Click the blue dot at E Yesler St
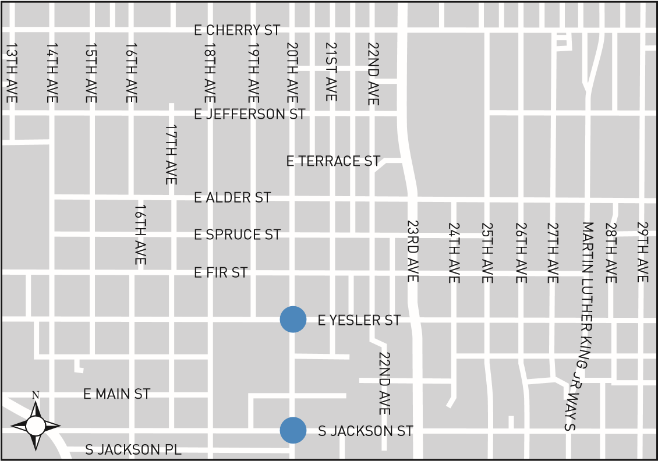pyautogui.click(x=293, y=320)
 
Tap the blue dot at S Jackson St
pyautogui.click(x=293, y=431)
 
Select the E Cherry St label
pyautogui.click(x=237, y=30)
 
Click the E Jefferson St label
pyautogui.click(x=249, y=114)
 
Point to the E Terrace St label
pyautogui.click(x=333, y=161)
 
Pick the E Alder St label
pyautogui.click(x=232, y=198)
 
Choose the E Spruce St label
pyautogui.click(x=237, y=235)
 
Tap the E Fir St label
pyautogui.click(x=221, y=272)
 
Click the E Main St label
pyautogui.click(x=117, y=394)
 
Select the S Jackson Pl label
pyautogui.click(x=133, y=450)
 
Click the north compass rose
pyautogui.click(x=36, y=425)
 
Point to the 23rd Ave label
pyautogui.click(x=412, y=251)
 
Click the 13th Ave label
pyautogui.click(x=12, y=73)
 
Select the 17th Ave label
pyautogui.click(x=171, y=154)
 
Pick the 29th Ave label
pyautogui.click(x=642, y=251)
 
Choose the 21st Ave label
pyautogui.click(x=331, y=71)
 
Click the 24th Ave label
pyautogui.click(x=454, y=252)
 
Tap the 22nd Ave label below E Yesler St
pyautogui.click(x=383, y=383)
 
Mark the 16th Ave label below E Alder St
pyautogui.click(x=139, y=234)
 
